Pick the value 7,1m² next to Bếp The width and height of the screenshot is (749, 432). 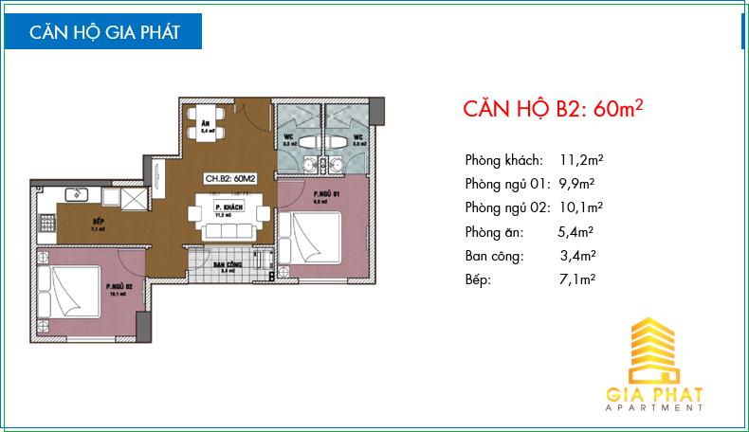point(575,279)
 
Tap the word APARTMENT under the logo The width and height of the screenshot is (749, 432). point(654,409)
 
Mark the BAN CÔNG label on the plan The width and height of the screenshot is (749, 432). point(226,264)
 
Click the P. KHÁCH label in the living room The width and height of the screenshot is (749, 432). point(225,207)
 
